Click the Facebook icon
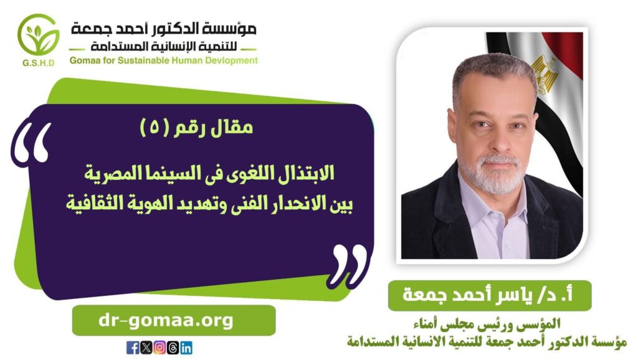click(133, 348)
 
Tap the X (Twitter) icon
click(146, 348)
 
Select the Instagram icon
click(159, 348)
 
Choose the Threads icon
click(173, 348)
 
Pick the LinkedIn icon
click(186, 348)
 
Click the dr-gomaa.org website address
click(166, 321)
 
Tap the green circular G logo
click(38, 35)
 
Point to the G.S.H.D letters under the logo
click(39, 63)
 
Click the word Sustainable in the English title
click(143, 60)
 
